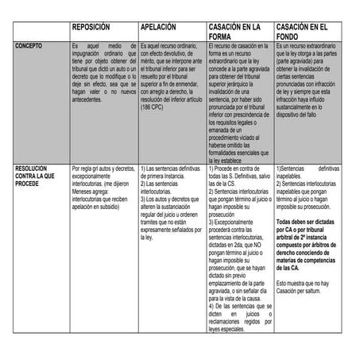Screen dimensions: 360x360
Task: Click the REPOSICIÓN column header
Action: [x=95, y=27]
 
